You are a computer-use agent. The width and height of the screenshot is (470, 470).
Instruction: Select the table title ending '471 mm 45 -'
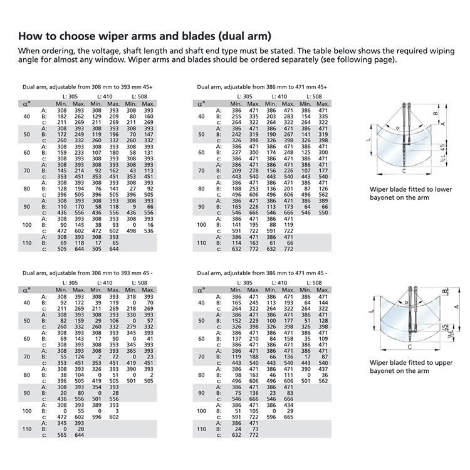point(261,274)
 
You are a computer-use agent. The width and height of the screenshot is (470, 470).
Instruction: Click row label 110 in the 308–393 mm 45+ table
point(26,242)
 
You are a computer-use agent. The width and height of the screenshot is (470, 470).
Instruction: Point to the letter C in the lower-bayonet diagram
point(404,170)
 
